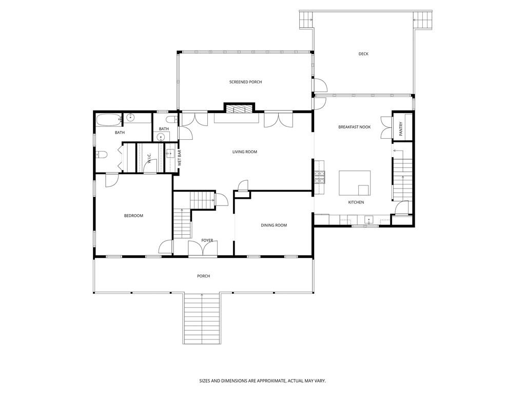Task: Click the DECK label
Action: click(x=363, y=54)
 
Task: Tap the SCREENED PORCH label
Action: click(x=245, y=82)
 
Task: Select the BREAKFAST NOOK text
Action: click(x=354, y=127)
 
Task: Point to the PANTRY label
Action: click(x=401, y=126)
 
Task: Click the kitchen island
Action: click(x=355, y=182)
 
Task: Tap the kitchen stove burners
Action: click(x=319, y=177)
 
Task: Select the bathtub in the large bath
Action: click(x=108, y=121)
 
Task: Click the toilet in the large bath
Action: click(x=101, y=155)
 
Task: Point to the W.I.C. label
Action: click(x=149, y=159)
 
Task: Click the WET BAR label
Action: click(x=179, y=157)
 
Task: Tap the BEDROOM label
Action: click(x=133, y=216)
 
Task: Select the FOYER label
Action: click(x=207, y=240)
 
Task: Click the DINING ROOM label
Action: click(x=274, y=226)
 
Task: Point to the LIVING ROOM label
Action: click(x=244, y=152)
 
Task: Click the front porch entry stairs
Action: click(x=202, y=318)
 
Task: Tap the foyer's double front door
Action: click(x=203, y=249)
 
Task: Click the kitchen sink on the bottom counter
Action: click(x=368, y=221)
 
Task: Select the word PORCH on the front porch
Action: click(x=203, y=276)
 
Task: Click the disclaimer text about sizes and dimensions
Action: click(x=262, y=381)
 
